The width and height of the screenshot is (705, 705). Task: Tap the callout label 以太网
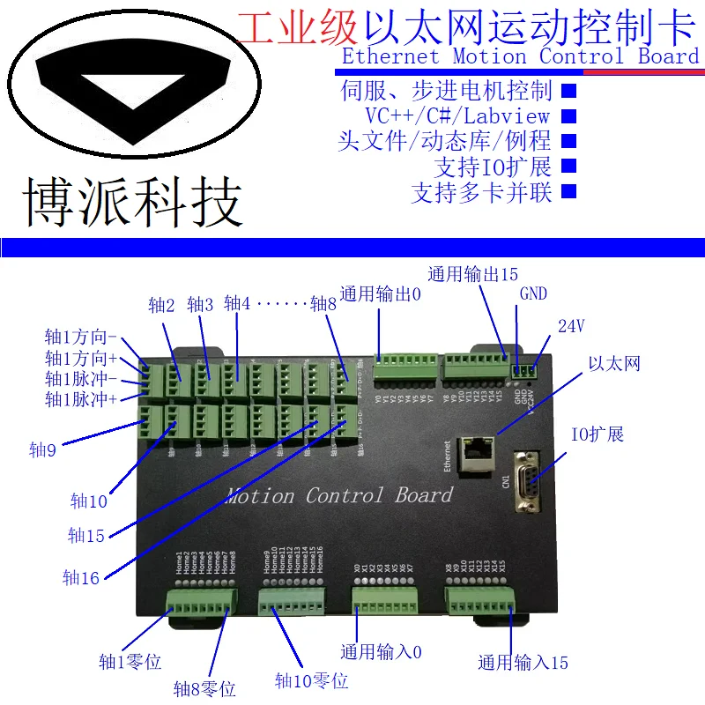point(613,364)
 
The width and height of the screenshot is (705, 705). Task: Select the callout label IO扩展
point(597,434)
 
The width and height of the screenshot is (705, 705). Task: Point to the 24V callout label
point(571,326)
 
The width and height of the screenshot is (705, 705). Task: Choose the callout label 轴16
point(81,578)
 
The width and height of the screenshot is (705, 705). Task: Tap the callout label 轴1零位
point(130,662)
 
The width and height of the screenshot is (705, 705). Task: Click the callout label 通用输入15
point(523,663)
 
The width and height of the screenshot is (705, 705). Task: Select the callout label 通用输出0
point(381,294)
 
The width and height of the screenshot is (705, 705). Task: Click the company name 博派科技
point(131,204)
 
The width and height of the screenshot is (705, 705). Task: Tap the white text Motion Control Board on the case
point(338,495)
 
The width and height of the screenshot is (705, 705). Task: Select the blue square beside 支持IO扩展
point(568,165)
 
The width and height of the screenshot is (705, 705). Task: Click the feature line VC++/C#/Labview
point(457,115)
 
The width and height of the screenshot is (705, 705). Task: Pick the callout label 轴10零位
point(311,680)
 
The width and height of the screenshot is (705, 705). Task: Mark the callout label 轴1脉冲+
point(80,399)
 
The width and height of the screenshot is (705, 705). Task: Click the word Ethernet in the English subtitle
point(390,56)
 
